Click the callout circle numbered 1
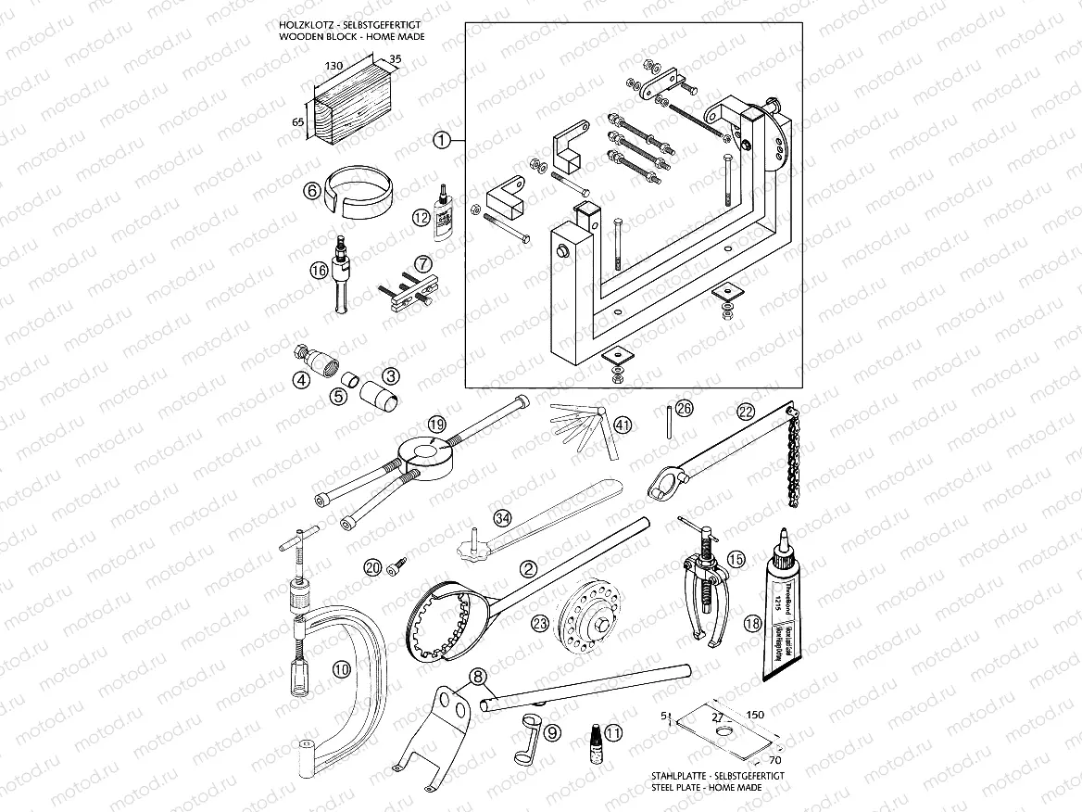tap(442, 140)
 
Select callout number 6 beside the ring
tap(311, 191)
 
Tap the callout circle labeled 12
tap(422, 219)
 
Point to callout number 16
tap(319, 271)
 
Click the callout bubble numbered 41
tap(623, 425)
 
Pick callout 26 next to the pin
tap(683, 408)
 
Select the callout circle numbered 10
tap(341, 666)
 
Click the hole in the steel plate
tap(722, 728)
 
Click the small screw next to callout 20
tap(396, 562)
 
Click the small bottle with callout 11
tap(591, 738)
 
